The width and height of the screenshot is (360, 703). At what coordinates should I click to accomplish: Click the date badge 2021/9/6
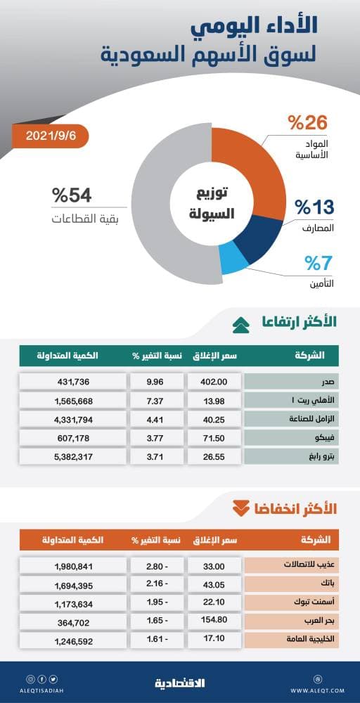pos(49,134)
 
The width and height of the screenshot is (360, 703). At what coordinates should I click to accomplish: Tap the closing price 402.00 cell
pos(213,382)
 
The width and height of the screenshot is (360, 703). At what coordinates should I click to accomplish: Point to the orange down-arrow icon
pos(240,508)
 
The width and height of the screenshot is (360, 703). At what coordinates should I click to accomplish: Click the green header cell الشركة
pos(290,356)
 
